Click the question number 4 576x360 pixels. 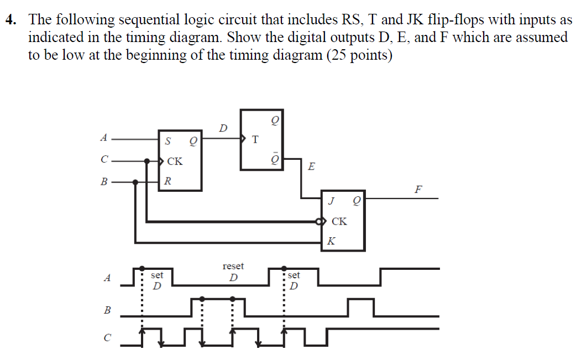click(10, 21)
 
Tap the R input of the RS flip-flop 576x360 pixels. click(168, 181)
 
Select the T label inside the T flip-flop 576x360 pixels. click(255, 139)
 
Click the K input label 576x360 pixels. click(331, 241)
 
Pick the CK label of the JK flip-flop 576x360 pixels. click(339, 222)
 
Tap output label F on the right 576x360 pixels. click(418, 190)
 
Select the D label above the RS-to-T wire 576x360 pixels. click(222, 128)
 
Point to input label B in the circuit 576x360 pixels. click(103, 181)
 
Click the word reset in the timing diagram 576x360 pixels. click(233, 267)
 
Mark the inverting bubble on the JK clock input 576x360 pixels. click(318, 222)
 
